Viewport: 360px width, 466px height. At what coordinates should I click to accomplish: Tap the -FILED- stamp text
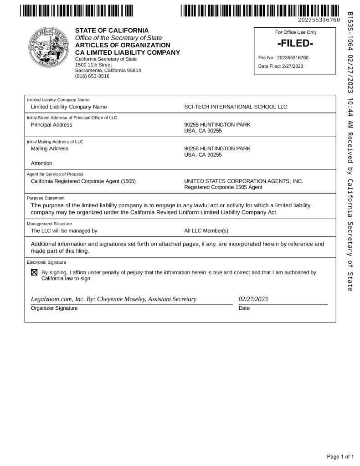[295, 44]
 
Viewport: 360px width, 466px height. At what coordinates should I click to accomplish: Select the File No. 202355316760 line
[283, 58]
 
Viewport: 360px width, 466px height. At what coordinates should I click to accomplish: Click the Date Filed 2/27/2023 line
[280, 66]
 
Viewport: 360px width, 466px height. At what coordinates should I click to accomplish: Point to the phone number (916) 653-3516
[92, 76]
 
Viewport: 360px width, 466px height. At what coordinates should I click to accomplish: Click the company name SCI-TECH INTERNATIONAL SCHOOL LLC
[236, 107]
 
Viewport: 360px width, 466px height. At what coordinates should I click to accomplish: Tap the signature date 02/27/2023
[253, 299]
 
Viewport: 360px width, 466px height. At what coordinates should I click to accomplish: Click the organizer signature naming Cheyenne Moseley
[113, 299]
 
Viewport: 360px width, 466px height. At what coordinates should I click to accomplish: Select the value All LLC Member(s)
[206, 230]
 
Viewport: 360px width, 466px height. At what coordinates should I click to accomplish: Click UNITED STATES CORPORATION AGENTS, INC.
[243, 181]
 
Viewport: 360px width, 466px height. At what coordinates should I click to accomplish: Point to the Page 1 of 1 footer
[340, 456]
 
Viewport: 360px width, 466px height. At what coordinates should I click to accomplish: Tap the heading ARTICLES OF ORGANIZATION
[123, 45]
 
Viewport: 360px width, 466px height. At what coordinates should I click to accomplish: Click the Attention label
[41, 163]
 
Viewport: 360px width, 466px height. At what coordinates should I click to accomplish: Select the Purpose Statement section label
[46, 198]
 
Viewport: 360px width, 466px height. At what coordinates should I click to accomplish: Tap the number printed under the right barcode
[319, 20]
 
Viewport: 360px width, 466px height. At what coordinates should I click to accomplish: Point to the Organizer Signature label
[54, 308]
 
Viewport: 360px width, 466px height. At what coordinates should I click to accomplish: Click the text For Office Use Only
[296, 32]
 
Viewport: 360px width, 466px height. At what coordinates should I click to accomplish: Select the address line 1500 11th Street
[93, 65]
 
